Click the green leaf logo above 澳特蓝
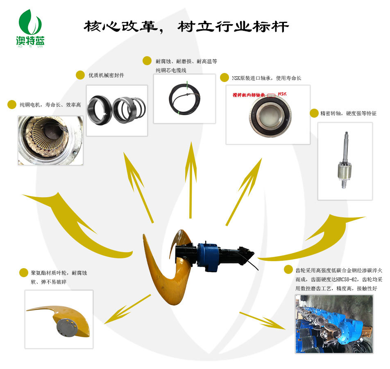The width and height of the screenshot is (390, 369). tap(30, 23)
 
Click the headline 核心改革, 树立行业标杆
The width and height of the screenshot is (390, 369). tap(186, 27)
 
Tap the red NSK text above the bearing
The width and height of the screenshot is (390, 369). tap(282, 94)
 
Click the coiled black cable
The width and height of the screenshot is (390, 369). tap(184, 99)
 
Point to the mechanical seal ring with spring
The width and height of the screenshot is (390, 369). tap(129, 110)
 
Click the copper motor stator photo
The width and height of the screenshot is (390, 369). tap(50, 141)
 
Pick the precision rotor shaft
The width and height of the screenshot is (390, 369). tap(345, 160)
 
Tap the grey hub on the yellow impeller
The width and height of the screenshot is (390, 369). tap(66, 328)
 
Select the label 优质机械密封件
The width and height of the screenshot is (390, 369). tap(106, 75)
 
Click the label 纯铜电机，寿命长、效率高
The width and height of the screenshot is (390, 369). tap(50, 105)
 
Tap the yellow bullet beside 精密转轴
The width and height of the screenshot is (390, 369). tap(314, 113)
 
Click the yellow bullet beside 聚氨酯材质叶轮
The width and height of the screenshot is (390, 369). tap(24, 273)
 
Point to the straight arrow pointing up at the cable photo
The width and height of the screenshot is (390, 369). tap(191, 180)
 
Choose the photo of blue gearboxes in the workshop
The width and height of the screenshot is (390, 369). tap(334, 324)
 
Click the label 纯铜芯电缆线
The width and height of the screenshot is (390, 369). tap(171, 70)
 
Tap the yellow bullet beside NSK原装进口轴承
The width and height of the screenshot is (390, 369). tap(224, 77)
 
